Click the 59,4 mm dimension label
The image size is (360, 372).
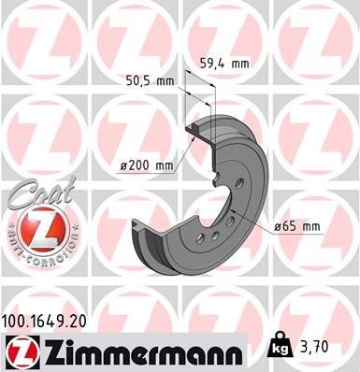click(x=225, y=64)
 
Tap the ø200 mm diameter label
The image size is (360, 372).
click(x=147, y=165)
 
